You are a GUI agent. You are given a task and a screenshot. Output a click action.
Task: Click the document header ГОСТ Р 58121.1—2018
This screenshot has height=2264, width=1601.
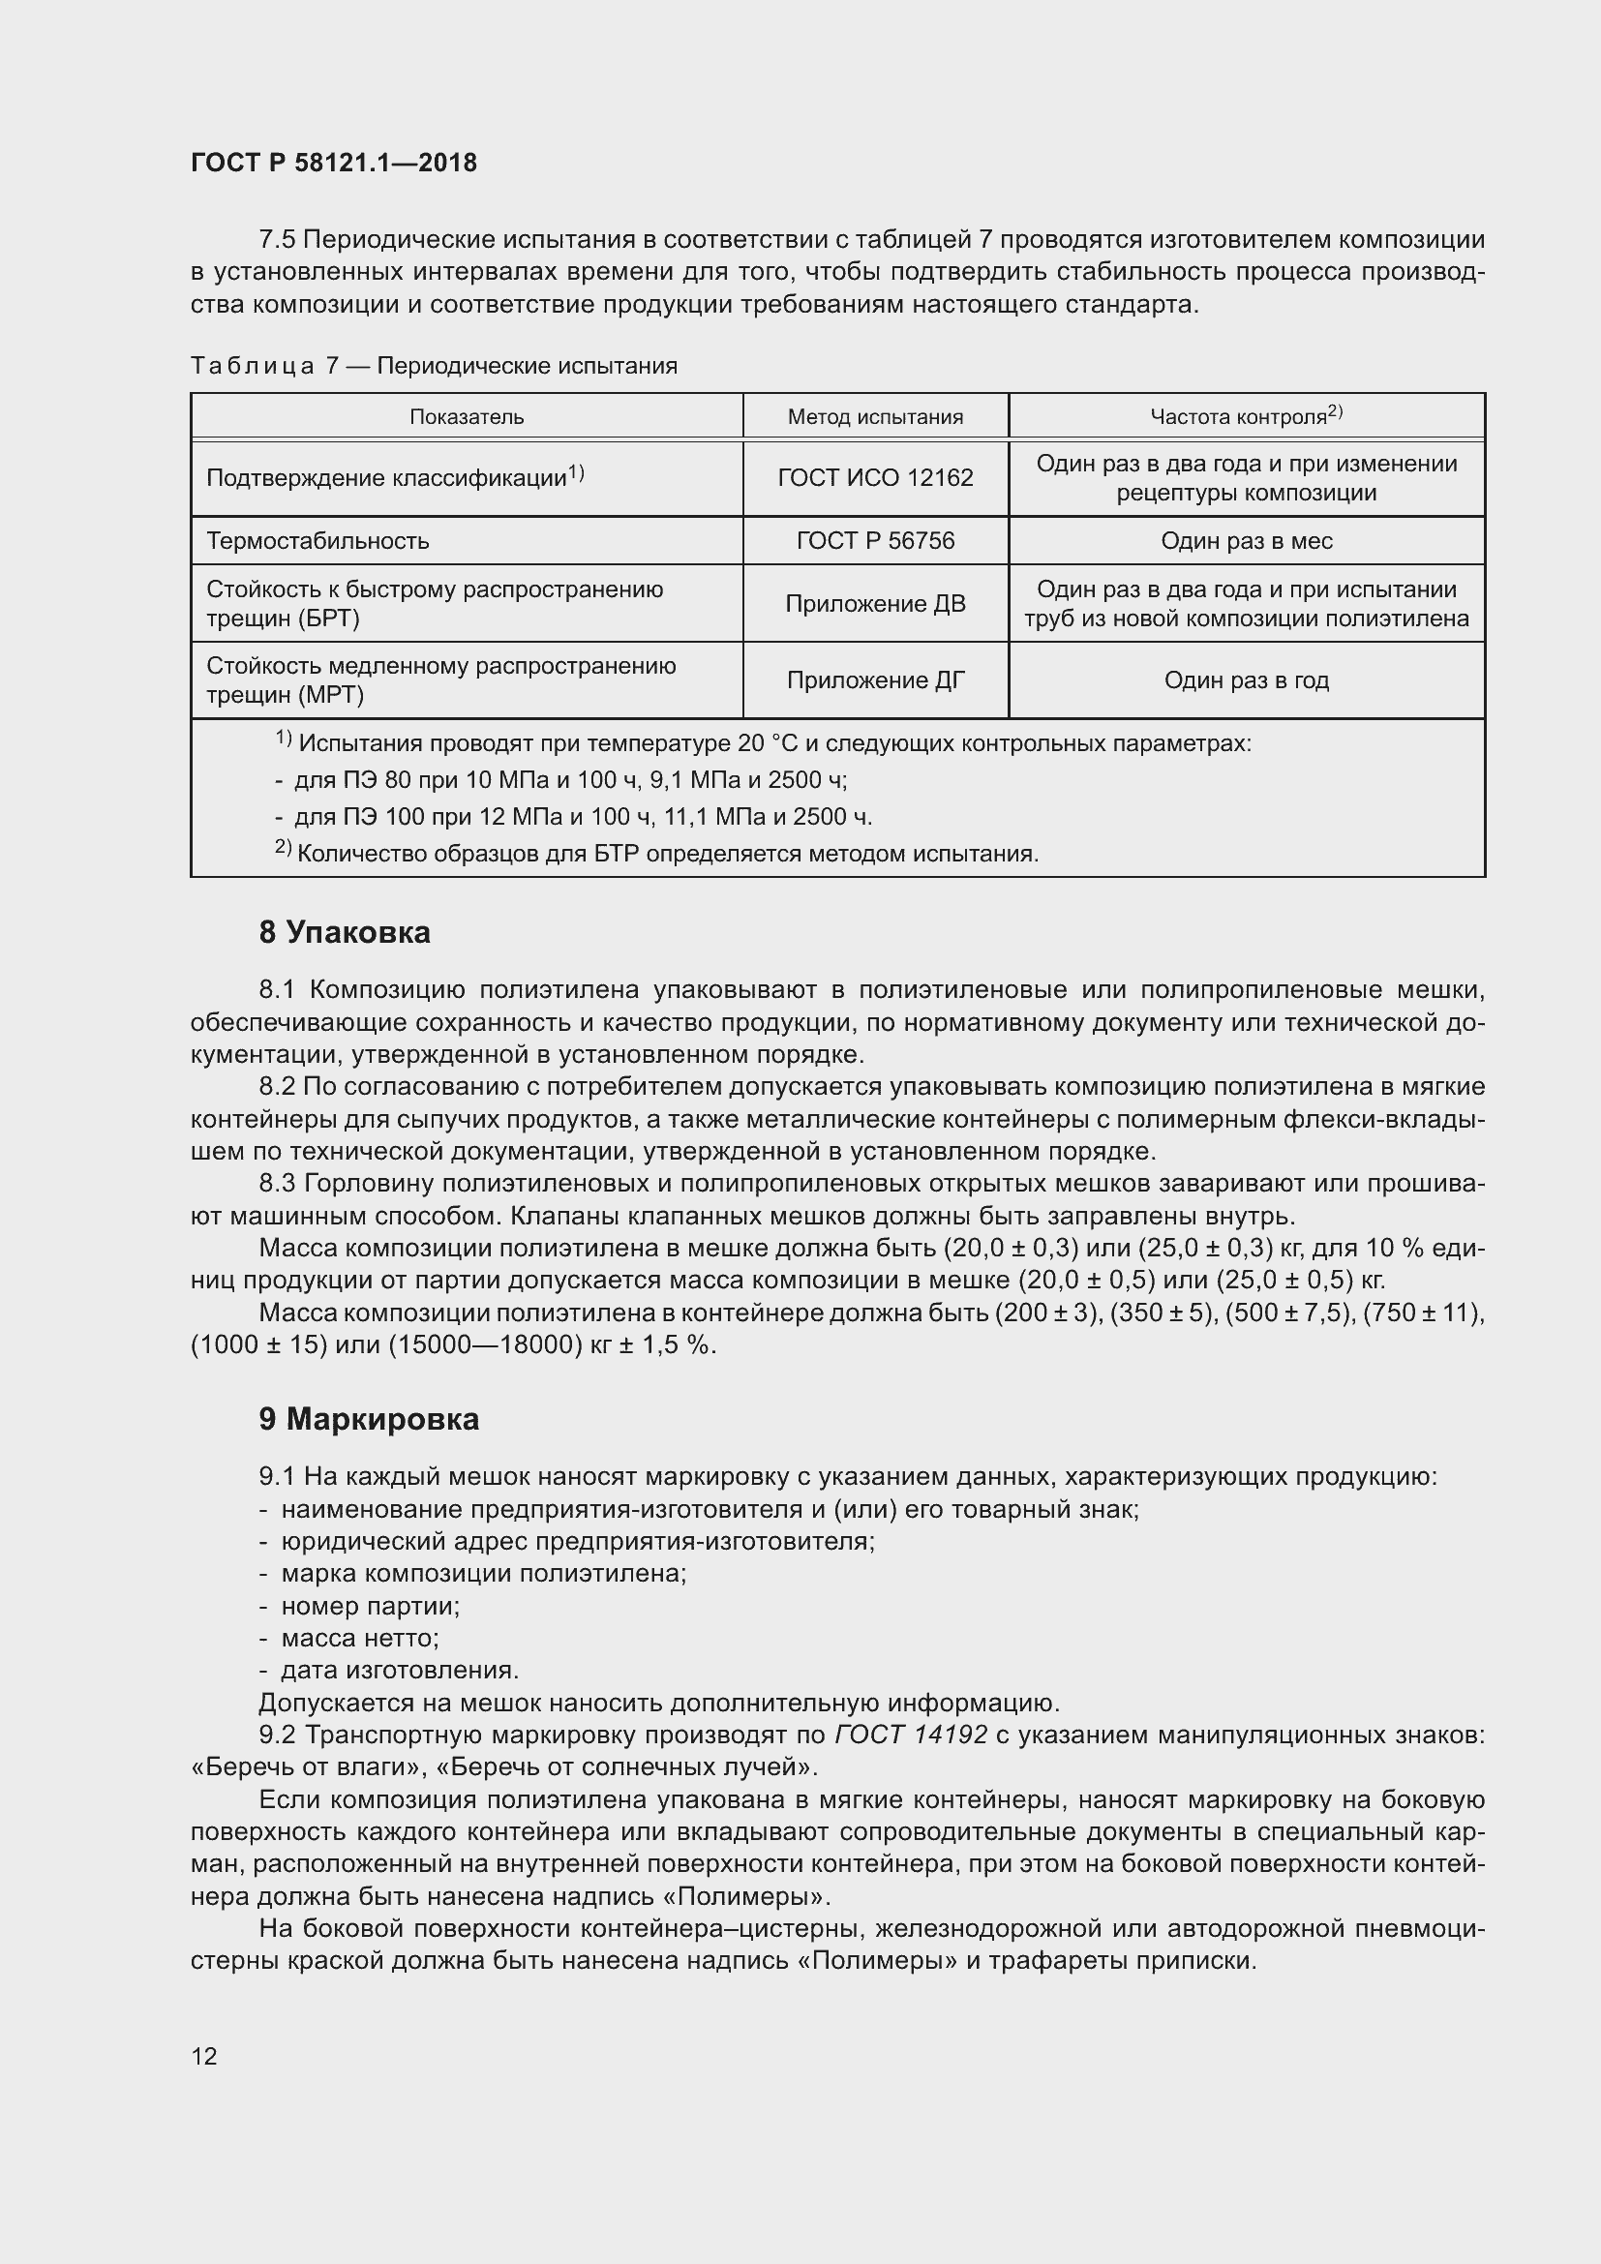(x=333, y=163)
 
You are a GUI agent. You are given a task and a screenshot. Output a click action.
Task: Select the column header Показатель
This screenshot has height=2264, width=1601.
(x=467, y=417)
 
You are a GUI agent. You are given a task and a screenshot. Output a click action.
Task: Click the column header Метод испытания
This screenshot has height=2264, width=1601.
(x=874, y=417)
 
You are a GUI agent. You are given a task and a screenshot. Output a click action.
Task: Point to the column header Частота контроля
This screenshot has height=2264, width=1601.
(x=1245, y=416)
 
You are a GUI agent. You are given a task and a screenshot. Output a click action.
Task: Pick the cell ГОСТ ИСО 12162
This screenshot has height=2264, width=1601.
(x=874, y=478)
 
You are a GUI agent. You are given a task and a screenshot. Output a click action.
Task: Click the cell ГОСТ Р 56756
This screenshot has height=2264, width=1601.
(x=874, y=540)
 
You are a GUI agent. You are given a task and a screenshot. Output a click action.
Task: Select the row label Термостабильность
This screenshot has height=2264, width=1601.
(x=317, y=540)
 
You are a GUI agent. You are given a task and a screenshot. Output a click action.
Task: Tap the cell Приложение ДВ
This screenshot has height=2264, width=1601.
(x=874, y=603)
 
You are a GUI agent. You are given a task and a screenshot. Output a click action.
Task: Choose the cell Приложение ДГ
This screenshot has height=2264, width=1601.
(x=874, y=680)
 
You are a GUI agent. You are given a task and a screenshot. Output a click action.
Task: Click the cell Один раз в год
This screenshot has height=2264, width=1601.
(x=1246, y=680)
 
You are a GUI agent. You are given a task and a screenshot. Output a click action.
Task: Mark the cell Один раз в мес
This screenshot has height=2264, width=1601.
(x=1246, y=540)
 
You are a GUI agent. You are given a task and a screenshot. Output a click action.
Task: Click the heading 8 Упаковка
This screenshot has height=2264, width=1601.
(x=344, y=933)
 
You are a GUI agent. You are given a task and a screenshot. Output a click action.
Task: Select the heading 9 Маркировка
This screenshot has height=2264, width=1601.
(x=369, y=1420)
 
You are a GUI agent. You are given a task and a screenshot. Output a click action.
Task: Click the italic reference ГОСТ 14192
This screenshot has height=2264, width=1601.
(x=910, y=1735)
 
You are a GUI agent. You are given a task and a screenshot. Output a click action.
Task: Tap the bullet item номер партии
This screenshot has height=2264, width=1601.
(x=370, y=1607)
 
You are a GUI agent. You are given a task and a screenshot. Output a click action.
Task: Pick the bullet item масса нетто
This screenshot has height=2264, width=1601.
(x=359, y=1638)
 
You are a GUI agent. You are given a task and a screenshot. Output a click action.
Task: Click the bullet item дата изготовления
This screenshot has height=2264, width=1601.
(x=398, y=1671)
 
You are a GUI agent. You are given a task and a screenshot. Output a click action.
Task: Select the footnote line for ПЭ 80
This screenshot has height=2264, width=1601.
(x=570, y=781)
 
